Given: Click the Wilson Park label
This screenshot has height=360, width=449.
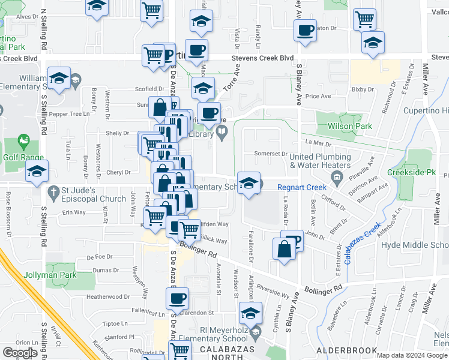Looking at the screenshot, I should pos(349,127).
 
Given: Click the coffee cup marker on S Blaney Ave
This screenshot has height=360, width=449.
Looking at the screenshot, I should pos(306,31).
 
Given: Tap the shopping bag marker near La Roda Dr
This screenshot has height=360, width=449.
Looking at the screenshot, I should pos(284,248).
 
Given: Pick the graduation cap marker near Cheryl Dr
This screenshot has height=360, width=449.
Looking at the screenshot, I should pos(37,172).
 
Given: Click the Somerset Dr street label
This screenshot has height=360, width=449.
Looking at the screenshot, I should pos(270,154).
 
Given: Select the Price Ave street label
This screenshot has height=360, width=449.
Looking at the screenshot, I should pos(318,96).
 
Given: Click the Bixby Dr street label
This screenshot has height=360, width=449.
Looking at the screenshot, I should pos(363,89).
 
